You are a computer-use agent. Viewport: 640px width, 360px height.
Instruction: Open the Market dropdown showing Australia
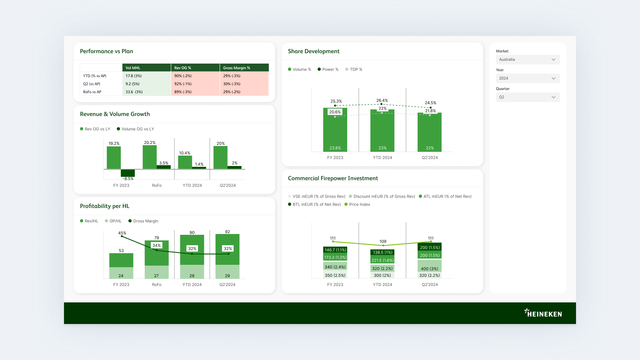coord(527,60)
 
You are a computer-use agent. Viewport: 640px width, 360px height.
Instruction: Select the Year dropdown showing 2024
coord(527,78)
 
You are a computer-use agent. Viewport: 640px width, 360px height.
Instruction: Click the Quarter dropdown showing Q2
coord(527,97)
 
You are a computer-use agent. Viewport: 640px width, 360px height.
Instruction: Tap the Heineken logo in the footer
coord(543,313)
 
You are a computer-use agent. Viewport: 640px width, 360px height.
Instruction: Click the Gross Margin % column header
coord(244,68)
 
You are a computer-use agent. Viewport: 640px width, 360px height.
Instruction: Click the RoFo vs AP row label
coord(92,92)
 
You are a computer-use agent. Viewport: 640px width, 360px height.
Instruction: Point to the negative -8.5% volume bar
coord(128,173)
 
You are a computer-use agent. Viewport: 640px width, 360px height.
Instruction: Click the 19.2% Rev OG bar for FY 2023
coord(114,158)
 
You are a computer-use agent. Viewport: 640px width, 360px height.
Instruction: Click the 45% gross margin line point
coord(122,236)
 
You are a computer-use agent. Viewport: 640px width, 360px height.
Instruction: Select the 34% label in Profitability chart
coord(156,246)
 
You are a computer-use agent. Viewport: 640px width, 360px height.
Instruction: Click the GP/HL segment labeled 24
coord(121,273)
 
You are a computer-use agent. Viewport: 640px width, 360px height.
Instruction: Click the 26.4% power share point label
coord(382,101)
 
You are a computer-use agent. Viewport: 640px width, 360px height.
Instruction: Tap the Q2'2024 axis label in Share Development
coord(430,158)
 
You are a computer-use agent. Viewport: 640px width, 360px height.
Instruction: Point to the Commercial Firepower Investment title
coord(333,178)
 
